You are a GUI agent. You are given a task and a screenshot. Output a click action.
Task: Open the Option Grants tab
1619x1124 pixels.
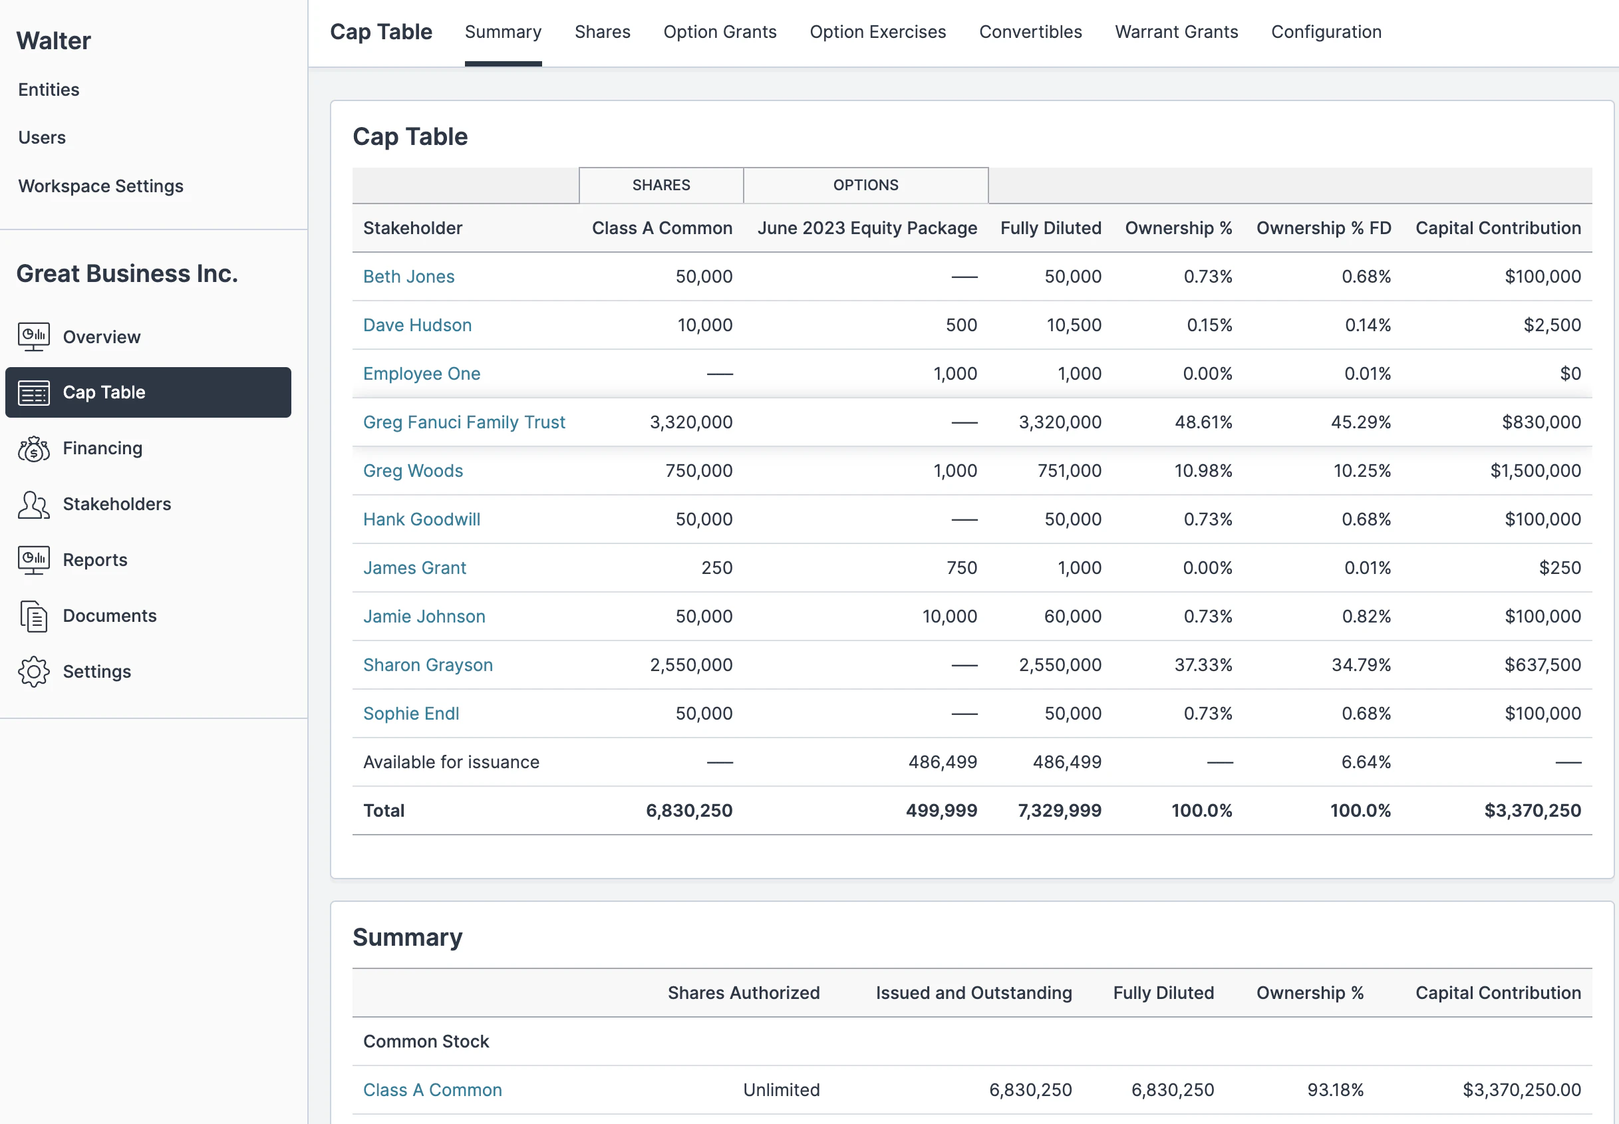719,32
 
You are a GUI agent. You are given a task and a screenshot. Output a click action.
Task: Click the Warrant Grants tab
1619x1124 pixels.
1176,32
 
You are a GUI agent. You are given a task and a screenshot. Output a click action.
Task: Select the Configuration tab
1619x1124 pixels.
1326,32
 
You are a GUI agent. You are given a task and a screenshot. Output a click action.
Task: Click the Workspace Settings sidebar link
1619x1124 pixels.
100,186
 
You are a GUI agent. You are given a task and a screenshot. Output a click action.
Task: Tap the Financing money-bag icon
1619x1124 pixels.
33,449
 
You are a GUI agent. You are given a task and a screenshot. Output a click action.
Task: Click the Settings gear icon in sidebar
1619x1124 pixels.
33,672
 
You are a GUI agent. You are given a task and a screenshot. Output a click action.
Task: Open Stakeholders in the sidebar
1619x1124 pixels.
116,504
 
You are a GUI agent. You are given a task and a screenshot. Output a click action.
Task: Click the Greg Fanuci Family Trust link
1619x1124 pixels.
464,422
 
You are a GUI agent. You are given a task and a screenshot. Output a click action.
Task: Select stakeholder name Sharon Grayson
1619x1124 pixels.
428,665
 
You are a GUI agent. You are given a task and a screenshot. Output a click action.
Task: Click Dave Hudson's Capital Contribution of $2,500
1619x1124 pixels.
1551,325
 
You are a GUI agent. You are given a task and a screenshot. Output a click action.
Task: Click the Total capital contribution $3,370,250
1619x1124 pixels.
1532,811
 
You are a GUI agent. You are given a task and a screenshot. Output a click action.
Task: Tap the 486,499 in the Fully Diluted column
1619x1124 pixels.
1066,762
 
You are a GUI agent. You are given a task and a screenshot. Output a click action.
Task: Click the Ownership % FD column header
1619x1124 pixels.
1322,228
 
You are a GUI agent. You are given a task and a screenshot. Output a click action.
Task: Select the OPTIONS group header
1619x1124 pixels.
865,185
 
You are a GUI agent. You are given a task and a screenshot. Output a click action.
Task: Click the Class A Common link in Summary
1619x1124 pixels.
432,1090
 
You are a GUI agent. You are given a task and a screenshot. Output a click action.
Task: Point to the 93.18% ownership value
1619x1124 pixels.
1334,1090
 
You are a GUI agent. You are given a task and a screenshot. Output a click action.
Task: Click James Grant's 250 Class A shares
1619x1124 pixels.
716,569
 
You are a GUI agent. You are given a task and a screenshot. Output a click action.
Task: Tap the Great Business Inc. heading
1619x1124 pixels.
127,274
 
